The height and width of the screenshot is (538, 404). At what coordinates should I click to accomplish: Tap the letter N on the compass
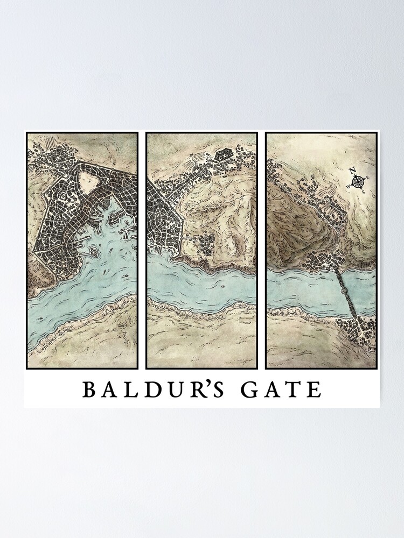(x=354, y=172)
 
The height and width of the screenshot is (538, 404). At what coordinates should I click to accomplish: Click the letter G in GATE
(x=249, y=389)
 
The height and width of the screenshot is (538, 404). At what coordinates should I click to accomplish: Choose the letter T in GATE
(x=295, y=389)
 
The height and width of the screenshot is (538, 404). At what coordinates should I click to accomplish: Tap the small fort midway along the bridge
(x=345, y=291)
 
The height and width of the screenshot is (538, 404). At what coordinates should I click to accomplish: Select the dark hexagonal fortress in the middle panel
(x=221, y=155)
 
